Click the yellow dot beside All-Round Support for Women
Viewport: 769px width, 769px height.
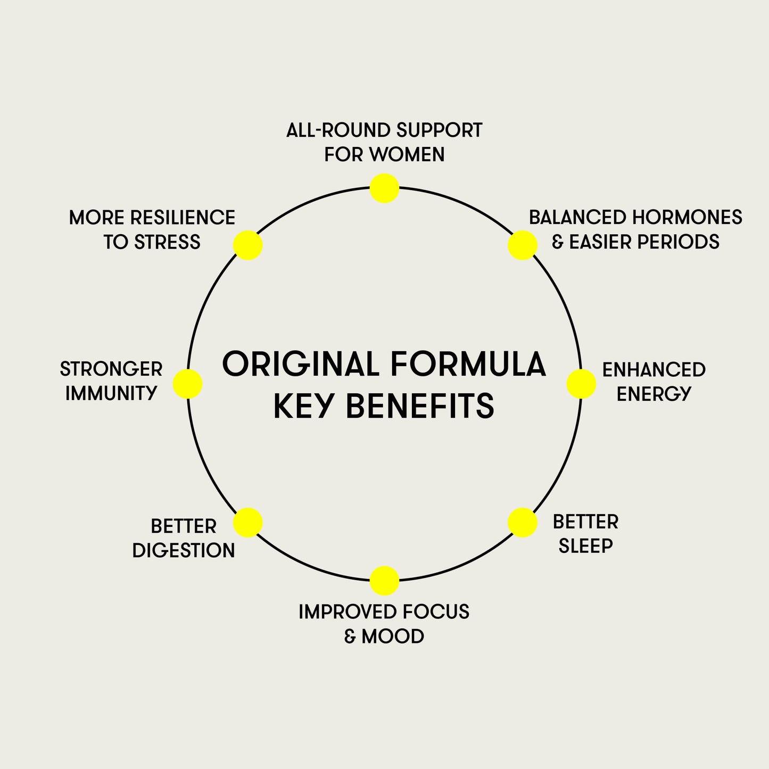click(384, 188)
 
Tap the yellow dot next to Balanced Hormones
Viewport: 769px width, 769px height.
click(522, 245)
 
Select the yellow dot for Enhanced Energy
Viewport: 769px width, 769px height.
click(581, 384)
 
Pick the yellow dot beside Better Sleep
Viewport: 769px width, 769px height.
click(522, 522)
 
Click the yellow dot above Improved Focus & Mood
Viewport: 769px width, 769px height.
click(384, 581)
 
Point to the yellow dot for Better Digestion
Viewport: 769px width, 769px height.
click(248, 522)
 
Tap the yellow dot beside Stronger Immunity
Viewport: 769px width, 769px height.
click(188, 384)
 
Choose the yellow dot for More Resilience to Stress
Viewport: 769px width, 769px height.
click(248, 245)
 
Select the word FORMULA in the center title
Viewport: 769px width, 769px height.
click(468, 365)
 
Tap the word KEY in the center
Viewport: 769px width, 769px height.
click(304, 407)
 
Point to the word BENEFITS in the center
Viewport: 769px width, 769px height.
click(420, 407)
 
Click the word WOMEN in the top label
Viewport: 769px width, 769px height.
click(407, 155)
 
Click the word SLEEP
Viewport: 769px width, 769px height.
click(585, 546)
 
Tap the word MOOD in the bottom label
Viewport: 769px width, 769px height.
click(393, 636)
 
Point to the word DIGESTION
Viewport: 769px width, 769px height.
click(184, 550)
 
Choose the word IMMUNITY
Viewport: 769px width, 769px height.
click(111, 394)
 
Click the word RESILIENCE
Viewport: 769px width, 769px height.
click(183, 218)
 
